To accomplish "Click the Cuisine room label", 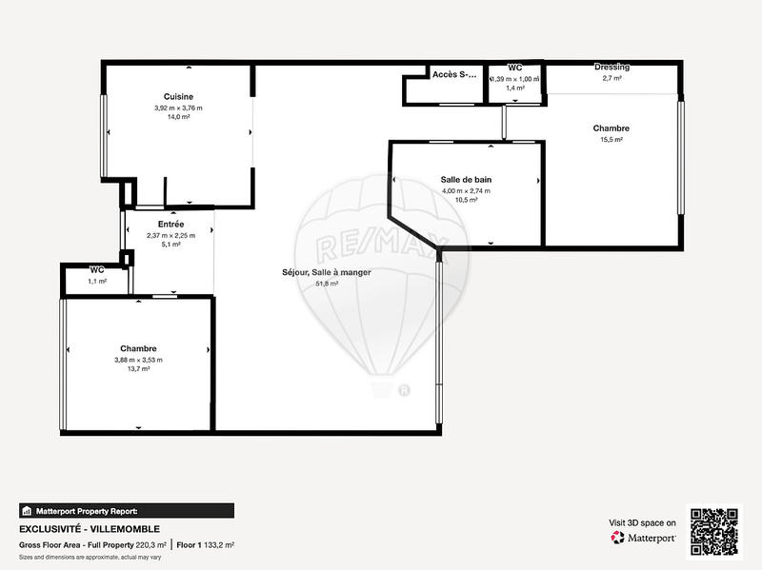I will tap(178, 96).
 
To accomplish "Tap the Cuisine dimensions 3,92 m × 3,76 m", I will tap(178, 108).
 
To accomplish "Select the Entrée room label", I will tap(170, 224).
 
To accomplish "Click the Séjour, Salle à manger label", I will tap(327, 272).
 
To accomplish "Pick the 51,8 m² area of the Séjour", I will tap(327, 283).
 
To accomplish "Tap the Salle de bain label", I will tap(466, 179).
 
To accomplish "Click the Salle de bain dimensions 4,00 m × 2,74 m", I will tap(466, 190).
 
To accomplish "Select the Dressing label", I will tap(612, 68).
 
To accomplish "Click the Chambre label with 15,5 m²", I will tap(611, 128).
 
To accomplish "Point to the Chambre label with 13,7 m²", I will tap(138, 348).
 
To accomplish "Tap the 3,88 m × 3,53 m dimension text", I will tap(138, 360).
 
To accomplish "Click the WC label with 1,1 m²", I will tap(97, 270).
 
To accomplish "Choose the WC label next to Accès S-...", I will tap(515, 69).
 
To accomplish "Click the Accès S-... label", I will tap(453, 74).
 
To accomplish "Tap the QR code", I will tap(714, 531).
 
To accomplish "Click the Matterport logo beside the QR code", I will tap(644, 538).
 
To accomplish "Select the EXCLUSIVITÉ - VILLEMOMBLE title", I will tap(90, 529).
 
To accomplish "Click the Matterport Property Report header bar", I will tap(126, 510).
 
